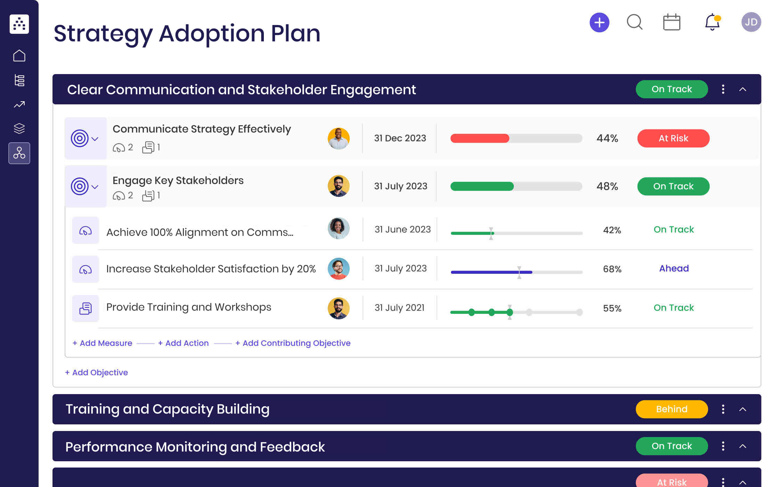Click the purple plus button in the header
[x=599, y=23]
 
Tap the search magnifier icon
[x=634, y=22]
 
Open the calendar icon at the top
[x=671, y=23]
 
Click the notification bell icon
[x=712, y=22]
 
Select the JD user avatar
[x=751, y=22]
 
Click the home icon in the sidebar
[x=19, y=56]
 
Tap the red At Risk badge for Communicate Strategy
[x=673, y=138]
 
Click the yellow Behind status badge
[x=671, y=409]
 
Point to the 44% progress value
[x=607, y=138]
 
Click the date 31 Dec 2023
[x=400, y=138]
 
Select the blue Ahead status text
[x=674, y=269]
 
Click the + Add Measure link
[x=102, y=343]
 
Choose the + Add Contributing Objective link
[x=293, y=343]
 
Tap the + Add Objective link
[x=96, y=373]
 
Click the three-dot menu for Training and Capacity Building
[x=723, y=409]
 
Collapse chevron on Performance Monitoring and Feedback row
[x=743, y=446]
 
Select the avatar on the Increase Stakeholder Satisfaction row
[x=338, y=269]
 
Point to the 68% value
[x=612, y=269]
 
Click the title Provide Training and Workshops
[x=188, y=307]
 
